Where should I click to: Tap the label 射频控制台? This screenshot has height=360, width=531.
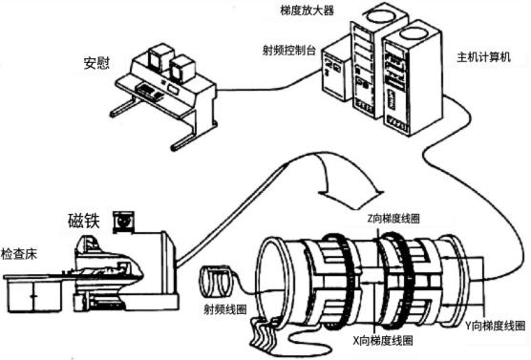tap(287, 45)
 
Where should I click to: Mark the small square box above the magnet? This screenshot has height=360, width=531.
tap(122, 221)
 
